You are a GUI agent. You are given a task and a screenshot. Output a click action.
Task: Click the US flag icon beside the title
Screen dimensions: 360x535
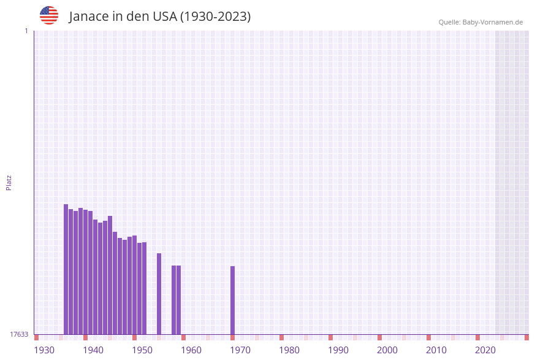click(x=49, y=15)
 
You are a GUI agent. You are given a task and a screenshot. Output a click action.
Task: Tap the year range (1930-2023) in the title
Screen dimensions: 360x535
click(x=215, y=17)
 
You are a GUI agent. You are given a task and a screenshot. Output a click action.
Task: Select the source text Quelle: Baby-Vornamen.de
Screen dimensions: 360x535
click(x=480, y=22)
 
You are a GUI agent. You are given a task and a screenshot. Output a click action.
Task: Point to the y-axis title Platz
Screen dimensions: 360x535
click(x=9, y=182)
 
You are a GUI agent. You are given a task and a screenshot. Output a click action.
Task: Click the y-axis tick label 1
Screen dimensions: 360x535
click(x=26, y=31)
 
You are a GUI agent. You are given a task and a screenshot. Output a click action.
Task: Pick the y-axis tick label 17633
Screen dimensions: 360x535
click(x=19, y=334)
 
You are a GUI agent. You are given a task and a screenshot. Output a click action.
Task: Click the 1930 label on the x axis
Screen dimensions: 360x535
click(x=44, y=350)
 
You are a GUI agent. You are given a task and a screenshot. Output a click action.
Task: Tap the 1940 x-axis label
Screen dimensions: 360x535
click(x=93, y=350)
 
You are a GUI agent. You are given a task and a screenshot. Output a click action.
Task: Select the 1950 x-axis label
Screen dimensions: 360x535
click(x=142, y=350)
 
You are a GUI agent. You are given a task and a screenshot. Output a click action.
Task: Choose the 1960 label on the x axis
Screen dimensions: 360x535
click(x=191, y=350)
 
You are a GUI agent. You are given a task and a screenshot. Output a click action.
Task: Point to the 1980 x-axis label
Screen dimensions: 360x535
click(x=289, y=350)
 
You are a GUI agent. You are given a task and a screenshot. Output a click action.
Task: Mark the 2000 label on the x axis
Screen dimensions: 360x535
click(x=387, y=350)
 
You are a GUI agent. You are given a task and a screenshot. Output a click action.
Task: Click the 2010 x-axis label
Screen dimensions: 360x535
click(x=436, y=350)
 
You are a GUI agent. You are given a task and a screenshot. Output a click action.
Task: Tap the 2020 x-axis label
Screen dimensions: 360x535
click(x=485, y=350)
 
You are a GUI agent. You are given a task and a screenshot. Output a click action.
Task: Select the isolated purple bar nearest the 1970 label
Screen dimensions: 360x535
click(x=233, y=300)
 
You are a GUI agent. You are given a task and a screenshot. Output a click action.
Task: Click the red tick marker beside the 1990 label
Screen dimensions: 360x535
click(x=331, y=337)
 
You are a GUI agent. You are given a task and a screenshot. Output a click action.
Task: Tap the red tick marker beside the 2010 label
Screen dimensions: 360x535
click(x=429, y=337)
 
